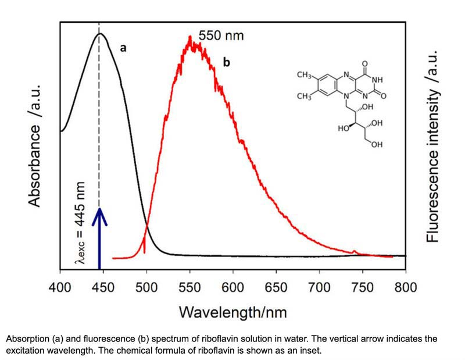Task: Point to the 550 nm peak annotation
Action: pyautogui.click(x=221, y=36)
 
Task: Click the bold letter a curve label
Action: pyautogui.click(x=123, y=49)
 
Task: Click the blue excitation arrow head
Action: pyautogui.click(x=100, y=216)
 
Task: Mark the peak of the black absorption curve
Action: pyautogui.click(x=99, y=33)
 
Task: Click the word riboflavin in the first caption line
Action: pyautogui.click(x=223, y=338)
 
